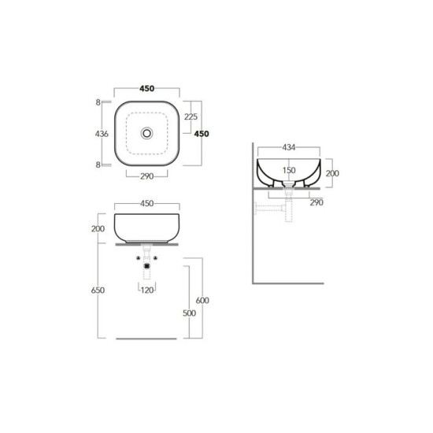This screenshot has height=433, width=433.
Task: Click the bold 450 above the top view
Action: tap(147, 89)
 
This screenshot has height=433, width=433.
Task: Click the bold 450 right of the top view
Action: tap(202, 134)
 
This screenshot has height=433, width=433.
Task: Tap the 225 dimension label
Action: tap(191, 117)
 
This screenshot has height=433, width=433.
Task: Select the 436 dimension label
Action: tap(102, 134)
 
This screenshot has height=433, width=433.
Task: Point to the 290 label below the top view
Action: tap(147, 176)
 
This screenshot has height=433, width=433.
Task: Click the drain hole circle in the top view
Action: tap(146, 133)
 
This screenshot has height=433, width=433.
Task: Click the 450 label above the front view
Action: tap(147, 204)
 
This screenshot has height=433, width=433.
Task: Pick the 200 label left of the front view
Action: tap(98, 228)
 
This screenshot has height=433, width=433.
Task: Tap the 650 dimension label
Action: tap(98, 291)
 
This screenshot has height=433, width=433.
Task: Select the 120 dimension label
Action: tap(147, 291)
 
